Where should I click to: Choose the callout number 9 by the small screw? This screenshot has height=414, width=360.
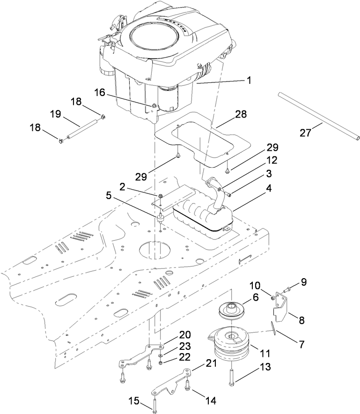(x=303, y=282)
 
